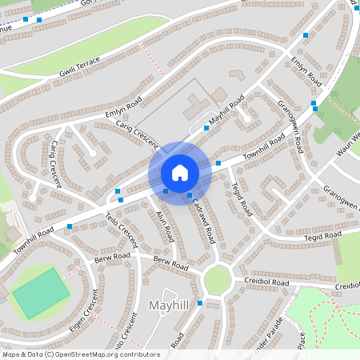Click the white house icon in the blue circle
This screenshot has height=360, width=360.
tap(179, 173)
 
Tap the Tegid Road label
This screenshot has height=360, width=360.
tap(242, 199)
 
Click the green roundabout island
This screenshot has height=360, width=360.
tap(217, 279)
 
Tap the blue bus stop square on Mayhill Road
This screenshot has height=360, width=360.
tap(206, 128)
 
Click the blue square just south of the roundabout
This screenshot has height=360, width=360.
tap(200, 302)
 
